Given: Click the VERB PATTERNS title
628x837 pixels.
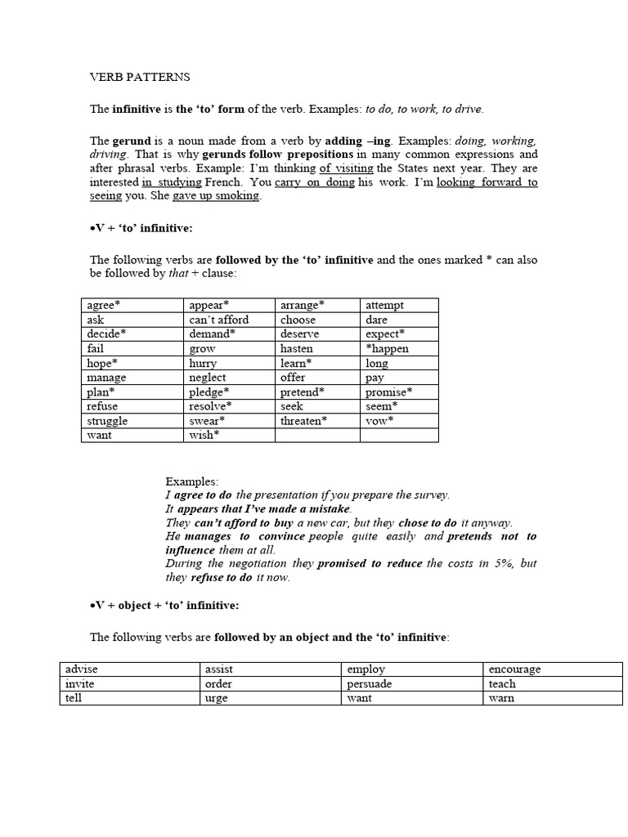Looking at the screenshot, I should point(139,78).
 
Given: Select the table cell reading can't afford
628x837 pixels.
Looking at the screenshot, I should point(218,320).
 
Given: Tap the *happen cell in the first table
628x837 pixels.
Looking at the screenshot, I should point(387,348).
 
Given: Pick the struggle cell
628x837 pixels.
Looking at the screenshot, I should point(107,421).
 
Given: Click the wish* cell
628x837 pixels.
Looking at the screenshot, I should point(204,435).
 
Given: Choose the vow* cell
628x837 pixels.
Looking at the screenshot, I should point(379,421).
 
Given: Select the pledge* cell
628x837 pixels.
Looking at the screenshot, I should point(209,392).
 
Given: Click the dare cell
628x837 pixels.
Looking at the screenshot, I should point(376,320).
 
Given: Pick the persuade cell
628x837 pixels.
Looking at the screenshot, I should point(369,684).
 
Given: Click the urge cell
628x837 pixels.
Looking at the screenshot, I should point(217,699).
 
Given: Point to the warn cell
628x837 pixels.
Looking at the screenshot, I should point(501,699).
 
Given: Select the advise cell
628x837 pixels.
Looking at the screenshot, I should point(82,669).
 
